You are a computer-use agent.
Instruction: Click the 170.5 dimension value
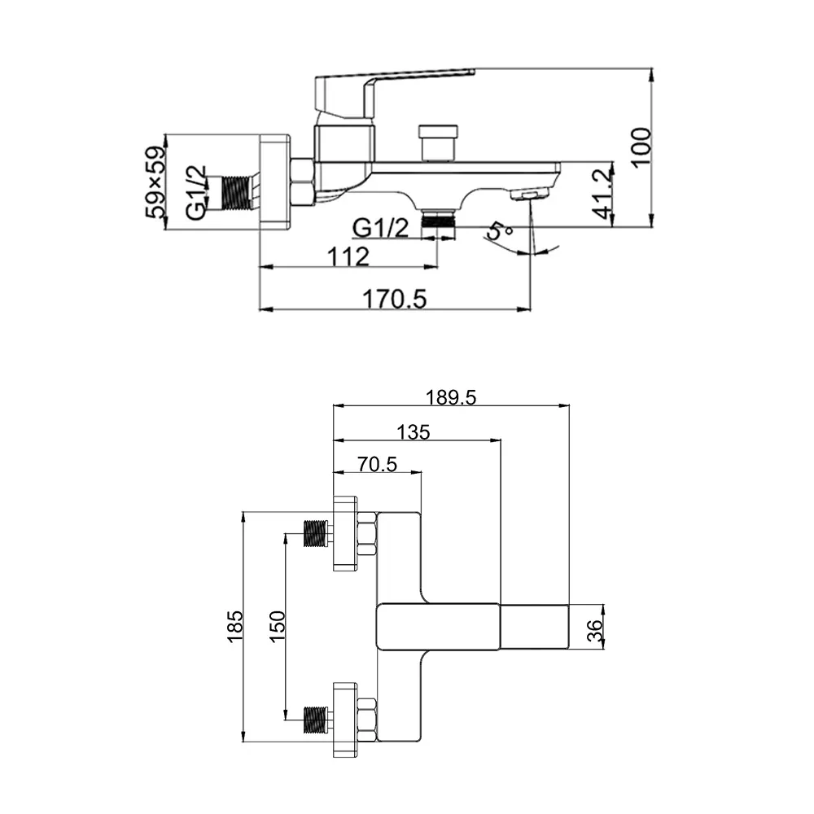pos(395,300)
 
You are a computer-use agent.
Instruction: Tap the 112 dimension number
pos(348,256)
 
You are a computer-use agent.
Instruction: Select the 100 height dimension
pos(641,147)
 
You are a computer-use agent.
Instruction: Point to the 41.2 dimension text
pos(602,193)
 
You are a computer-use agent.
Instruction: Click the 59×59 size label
pos(156,182)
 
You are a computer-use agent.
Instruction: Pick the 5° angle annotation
pos(500,230)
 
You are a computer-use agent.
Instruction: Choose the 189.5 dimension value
pos(451,398)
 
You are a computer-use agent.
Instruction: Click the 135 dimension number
pos(414,432)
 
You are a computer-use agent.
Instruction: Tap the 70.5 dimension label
pos(377,464)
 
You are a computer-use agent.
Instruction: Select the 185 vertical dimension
pos(235,626)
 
